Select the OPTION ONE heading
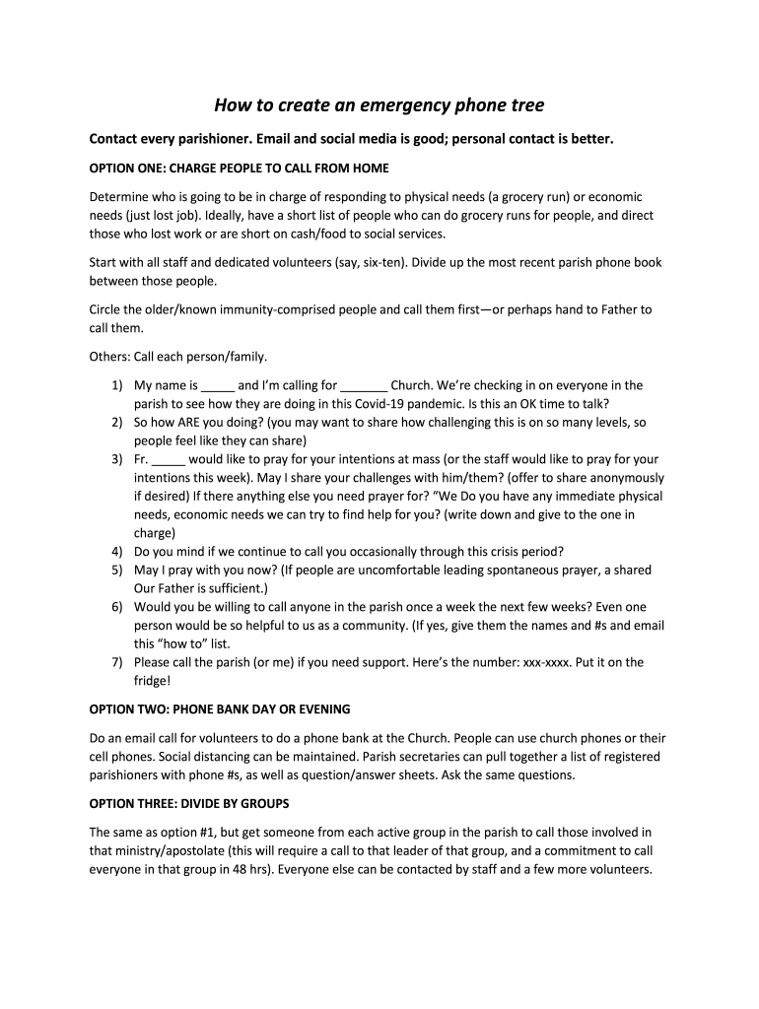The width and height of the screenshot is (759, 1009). point(240,168)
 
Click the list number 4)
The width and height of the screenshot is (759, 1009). point(117,551)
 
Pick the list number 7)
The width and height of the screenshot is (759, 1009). point(117,662)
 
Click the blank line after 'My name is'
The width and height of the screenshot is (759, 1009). point(219,386)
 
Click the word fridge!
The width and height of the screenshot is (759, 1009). point(154,680)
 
